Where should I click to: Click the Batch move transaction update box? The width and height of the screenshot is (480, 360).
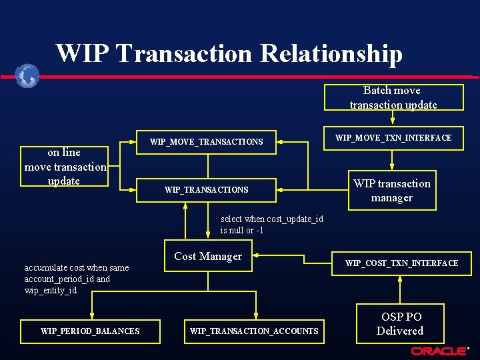tap(393, 97)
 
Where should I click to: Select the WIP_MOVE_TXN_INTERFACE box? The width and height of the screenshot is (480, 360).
tap(393, 138)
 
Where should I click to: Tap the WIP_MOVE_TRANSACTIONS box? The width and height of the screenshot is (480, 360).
tap(206, 141)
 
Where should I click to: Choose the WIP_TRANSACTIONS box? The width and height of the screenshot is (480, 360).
tap(206, 190)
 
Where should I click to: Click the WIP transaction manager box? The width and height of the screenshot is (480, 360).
tap(392, 191)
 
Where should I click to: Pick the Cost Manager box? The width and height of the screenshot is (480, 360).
tap(208, 257)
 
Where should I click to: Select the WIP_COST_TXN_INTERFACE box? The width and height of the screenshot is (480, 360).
tap(401, 263)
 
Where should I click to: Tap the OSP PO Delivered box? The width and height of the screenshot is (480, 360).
tap(400, 323)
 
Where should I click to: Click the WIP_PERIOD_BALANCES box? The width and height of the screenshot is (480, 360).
tap(90, 331)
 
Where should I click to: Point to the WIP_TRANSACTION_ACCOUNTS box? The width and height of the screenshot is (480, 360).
tap(254, 331)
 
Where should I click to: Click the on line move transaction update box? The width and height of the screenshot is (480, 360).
tap(64, 167)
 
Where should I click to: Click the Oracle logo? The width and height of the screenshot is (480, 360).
tap(439, 351)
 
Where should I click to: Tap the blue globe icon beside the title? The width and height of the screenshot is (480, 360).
tap(27, 75)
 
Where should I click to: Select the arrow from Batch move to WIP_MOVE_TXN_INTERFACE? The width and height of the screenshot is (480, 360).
tap(393, 118)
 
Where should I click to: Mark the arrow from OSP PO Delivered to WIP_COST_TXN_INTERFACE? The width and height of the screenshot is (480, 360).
tap(400, 288)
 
